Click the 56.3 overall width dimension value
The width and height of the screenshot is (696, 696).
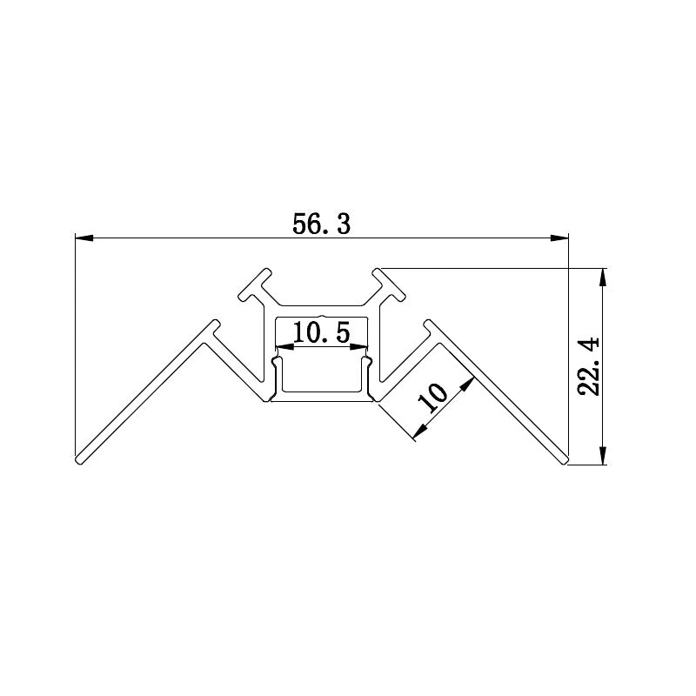pyautogui.click(x=321, y=224)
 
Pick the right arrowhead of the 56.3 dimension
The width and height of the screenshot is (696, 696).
pyautogui.click(x=561, y=236)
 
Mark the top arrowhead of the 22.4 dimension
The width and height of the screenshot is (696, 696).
pyautogui.click(x=602, y=275)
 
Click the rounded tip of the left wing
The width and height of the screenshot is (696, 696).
pyautogui.click(x=78, y=458)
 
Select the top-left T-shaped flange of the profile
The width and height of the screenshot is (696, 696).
pyautogui.click(x=254, y=286)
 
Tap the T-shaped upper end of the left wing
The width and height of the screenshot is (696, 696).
pyautogui.click(x=211, y=331)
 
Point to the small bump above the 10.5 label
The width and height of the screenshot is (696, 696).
pyautogui.click(x=321, y=317)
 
